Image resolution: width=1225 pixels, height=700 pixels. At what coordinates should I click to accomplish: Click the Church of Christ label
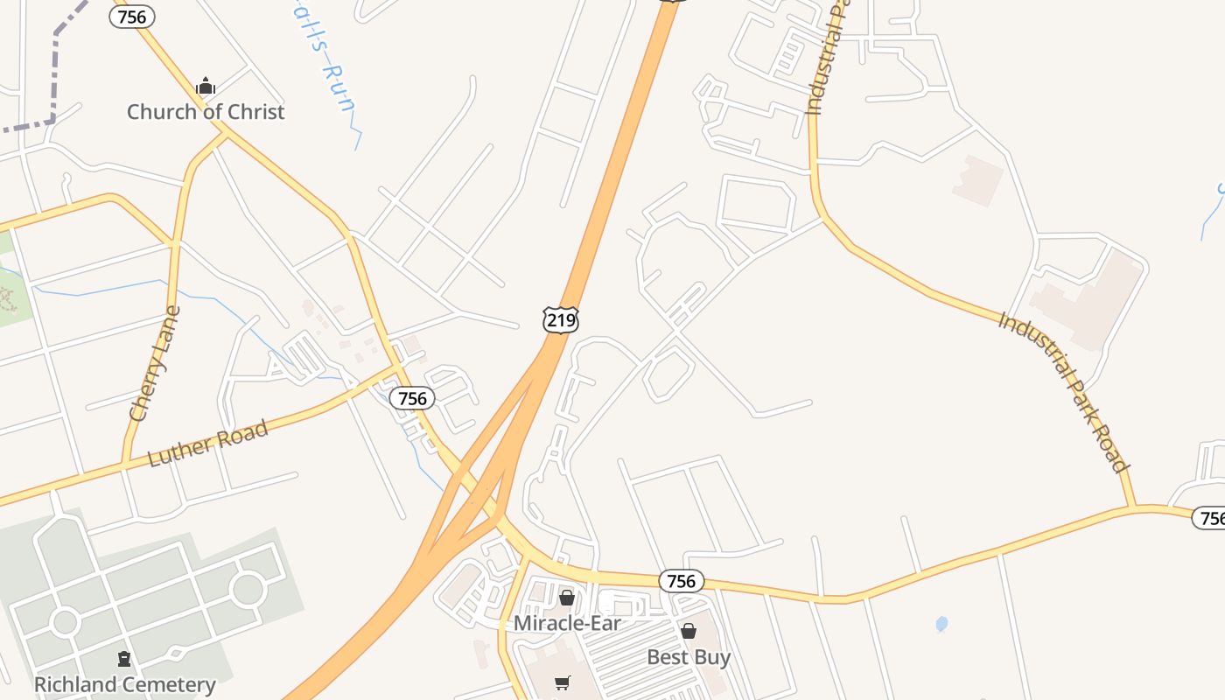click(x=206, y=112)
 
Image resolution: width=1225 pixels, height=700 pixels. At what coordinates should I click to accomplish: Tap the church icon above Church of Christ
click(x=206, y=86)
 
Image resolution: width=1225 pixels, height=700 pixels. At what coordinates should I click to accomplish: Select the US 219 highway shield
click(x=561, y=320)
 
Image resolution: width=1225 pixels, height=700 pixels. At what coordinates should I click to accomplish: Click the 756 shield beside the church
click(x=132, y=16)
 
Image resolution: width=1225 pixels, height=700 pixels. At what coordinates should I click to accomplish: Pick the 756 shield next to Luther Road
click(x=412, y=399)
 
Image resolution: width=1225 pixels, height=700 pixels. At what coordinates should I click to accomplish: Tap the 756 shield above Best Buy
click(x=681, y=581)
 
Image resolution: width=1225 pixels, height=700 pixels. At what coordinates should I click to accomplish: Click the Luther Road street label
click(x=207, y=444)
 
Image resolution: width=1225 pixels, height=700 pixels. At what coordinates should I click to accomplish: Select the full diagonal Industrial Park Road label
click(x=1063, y=392)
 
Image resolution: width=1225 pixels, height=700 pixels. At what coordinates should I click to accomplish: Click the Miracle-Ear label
click(x=567, y=623)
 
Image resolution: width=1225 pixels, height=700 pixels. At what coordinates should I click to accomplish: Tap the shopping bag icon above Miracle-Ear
click(x=567, y=598)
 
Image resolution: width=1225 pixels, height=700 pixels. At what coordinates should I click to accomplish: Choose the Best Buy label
click(x=689, y=656)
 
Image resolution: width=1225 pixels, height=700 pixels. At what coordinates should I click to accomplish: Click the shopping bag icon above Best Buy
click(x=689, y=631)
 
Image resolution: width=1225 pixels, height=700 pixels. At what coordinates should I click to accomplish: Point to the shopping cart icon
click(x=563, y=682)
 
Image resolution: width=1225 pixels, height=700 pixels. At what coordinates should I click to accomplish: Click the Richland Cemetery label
click(x=124, y=684)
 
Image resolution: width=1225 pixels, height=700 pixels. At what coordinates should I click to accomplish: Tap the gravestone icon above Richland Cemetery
click(x=124, y=658)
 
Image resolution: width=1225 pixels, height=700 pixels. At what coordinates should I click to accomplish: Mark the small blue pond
click(x=941, y=624)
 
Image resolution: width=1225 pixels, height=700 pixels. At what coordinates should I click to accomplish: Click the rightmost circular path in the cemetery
click(x=248, y=589)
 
